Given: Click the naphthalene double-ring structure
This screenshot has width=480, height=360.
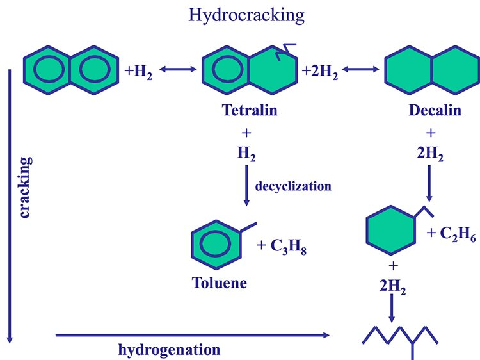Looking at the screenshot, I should point(70,69).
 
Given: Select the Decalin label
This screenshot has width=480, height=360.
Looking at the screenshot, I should point(435,110).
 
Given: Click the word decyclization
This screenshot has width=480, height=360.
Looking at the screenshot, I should point(293,186).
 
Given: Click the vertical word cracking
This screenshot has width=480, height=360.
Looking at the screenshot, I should point(26,186).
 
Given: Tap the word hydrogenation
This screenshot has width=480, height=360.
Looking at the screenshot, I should point(169,350).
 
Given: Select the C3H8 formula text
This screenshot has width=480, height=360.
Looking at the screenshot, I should point(282,247).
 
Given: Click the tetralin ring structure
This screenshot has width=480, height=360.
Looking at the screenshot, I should point(250,69).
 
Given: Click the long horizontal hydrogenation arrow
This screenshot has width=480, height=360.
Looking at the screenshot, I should point(192,334).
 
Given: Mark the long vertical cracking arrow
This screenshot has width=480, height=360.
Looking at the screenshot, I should point(10,205).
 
